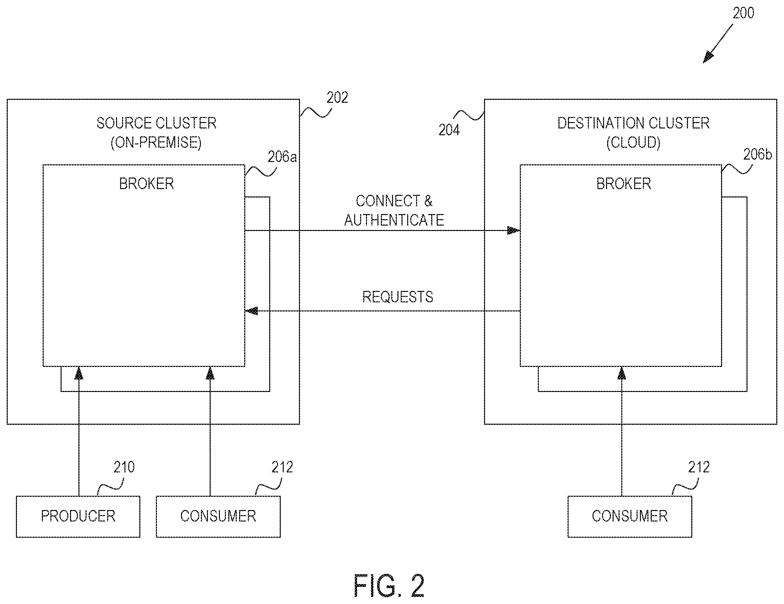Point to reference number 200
click(x=743, y=13)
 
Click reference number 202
click(x=337, y=98)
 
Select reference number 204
click(x=449, y=130)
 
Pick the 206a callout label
click(x=282, y=157)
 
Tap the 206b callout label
click(x=757, y=155)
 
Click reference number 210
click(x=124, y=467)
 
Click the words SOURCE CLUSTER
click(x=156, y=123)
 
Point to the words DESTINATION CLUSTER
click(x=633, y=123)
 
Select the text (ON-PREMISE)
click(x=156, y=142)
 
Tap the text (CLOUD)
click(x=633, y=142)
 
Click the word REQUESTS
click(x=397, y=297)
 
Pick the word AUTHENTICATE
click(x=394, y=220)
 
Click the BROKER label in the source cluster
click(x=146, y=184)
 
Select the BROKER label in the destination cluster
click(x=624, y=184)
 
